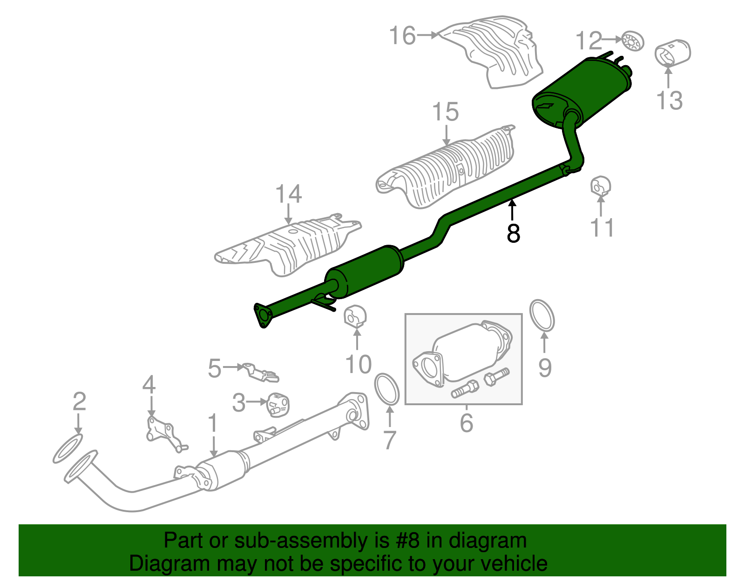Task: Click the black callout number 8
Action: point(513,234)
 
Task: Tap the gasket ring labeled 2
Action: point(68,448)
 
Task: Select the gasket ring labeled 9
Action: point(542,316)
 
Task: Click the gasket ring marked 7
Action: point(387,389)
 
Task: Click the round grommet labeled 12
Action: point(632,42)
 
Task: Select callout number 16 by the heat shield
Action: point(402,35)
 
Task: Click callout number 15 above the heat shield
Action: point(446,113)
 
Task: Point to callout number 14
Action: point(289,194)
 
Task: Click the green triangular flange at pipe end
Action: point(263,315)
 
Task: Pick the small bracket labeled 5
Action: point(261,373)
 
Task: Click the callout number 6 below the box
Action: point(467,422)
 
